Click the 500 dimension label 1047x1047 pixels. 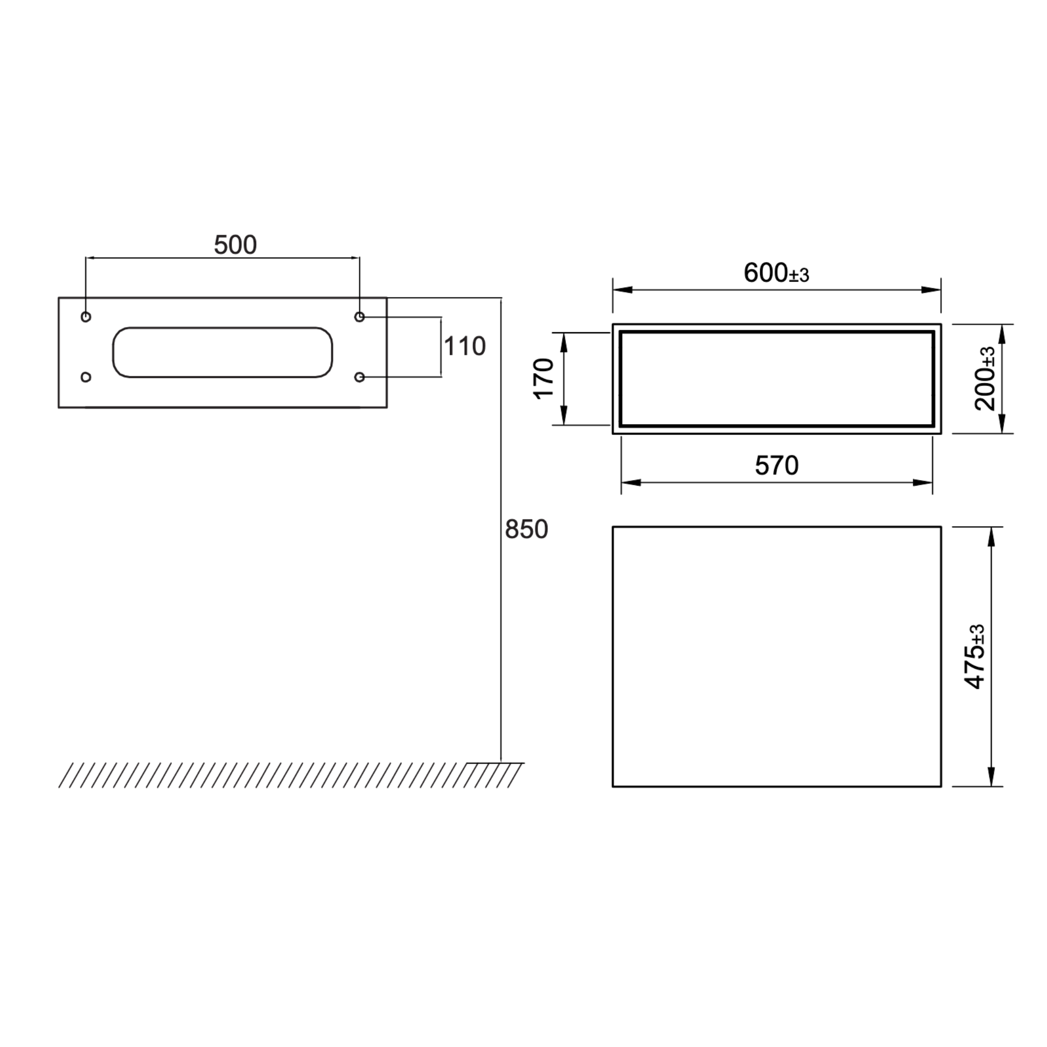pyautogui.click(x=235, y=245)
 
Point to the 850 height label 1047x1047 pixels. pyautogui.click(x=526, y=530)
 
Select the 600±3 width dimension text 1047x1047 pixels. pyautogui.click(x=776, y=273)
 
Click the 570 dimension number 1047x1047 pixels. pyautogui.click(x=777, y=466)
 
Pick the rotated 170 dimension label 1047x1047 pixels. pyautogui.click(x=544, y=378)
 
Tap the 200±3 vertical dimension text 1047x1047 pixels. pyautogui.click(x=985, y=378)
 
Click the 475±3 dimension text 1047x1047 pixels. pyautogui.click(x=975, y=657)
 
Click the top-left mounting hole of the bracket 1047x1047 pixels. pyautogui.click(x=85, y=317)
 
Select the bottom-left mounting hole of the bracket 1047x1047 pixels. pyautogui.click(x=85, y=377)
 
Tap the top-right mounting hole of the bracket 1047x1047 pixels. pyautogui.click(x=359, y=317)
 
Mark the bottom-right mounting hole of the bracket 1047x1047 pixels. pyautogui.click(x=359, y=377)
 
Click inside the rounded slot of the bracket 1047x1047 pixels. pyautogui.click(x=222, y=352)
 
